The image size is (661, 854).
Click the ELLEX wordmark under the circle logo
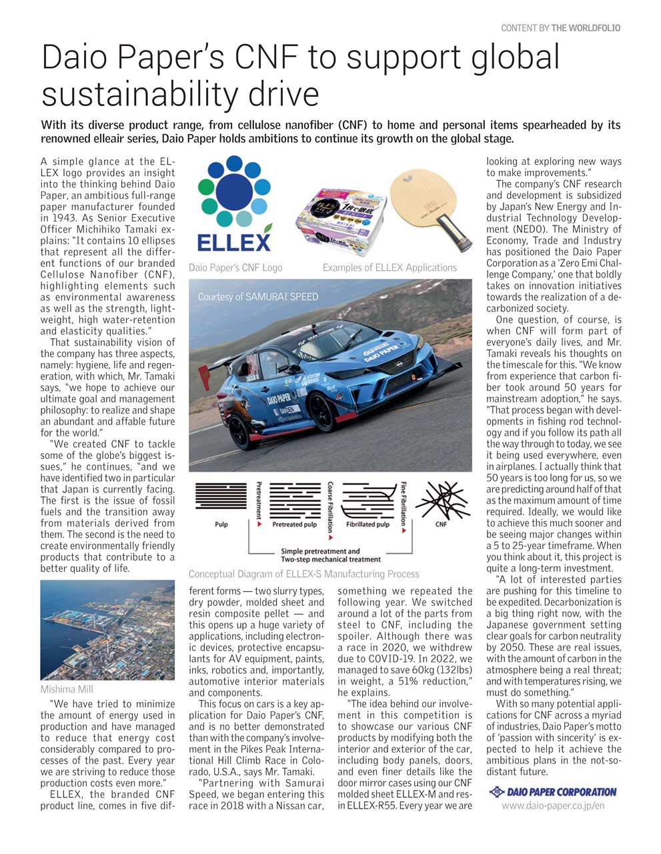234,242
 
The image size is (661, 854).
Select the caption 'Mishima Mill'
67,689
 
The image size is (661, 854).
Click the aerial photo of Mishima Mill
107,630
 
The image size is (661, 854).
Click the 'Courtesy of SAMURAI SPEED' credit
258,297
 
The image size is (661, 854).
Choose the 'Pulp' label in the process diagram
221,524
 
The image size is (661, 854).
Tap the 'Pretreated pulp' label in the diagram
294,524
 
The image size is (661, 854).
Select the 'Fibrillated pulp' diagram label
368,524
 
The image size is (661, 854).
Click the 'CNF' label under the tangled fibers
441,524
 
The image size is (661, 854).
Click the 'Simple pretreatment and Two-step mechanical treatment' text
329,555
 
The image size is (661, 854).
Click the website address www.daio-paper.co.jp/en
553,805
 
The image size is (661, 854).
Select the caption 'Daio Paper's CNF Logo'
235,268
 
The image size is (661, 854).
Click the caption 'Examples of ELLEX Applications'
390,268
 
